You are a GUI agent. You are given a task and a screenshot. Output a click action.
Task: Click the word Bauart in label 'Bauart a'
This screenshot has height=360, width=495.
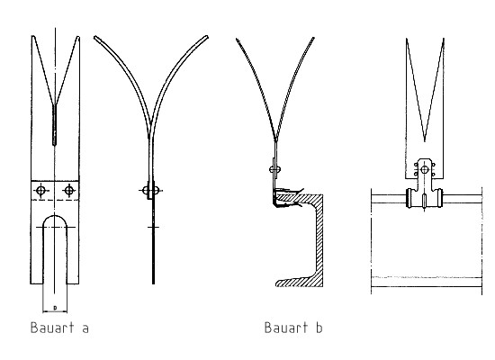(52, 328)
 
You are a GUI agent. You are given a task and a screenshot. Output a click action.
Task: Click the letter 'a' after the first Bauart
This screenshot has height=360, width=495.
(85, 329)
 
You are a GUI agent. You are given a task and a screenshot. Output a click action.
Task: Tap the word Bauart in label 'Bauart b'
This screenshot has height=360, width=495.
(286, 328)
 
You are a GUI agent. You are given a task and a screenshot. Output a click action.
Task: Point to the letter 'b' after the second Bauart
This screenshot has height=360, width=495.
(319, 328)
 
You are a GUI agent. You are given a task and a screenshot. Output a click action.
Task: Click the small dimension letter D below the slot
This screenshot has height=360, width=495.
(55, 307)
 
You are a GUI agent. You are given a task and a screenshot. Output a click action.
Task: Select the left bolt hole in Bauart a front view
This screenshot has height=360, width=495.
(40, 191)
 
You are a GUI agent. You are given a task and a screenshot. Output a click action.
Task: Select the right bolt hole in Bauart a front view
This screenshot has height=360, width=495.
(69, 191)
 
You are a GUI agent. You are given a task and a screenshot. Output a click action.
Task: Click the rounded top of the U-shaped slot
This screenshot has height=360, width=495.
(55, 216)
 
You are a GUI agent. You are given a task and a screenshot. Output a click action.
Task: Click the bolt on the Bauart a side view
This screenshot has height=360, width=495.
(150, 191)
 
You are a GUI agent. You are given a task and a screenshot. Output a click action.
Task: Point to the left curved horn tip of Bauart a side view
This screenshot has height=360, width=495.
(95, 38)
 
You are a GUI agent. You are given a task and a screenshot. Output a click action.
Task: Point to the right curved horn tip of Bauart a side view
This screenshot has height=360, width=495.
(206, 37)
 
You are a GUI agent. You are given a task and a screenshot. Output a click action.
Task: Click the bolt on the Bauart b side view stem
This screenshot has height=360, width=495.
(275, 169)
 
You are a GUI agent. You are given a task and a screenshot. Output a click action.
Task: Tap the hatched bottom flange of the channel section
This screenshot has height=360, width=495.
(297, 282)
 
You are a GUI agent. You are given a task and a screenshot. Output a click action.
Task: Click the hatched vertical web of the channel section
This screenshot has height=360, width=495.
(318, 240)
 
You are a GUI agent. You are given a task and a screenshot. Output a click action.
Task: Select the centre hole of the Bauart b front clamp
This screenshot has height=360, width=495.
(425, 170)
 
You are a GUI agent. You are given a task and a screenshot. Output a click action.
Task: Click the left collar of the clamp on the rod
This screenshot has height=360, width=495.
(409, 198)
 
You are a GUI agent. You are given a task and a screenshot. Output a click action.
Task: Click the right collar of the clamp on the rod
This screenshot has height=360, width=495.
(440, 198)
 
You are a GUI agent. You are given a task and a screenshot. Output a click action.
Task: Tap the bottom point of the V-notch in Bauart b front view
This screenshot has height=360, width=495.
(425, 140)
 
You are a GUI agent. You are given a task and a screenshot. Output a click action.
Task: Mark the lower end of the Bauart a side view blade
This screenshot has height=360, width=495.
(153, 283)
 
